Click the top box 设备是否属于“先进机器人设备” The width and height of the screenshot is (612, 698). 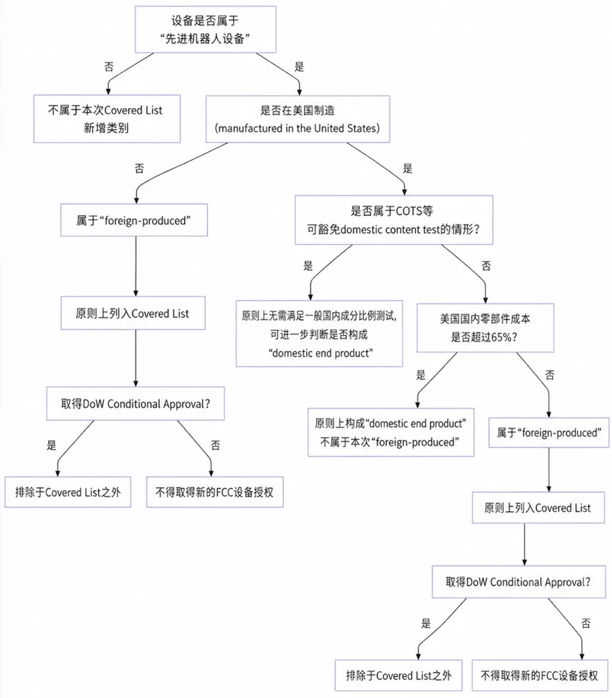(x=205, y=30)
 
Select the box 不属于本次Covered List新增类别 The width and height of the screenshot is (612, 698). (x=107, y=119)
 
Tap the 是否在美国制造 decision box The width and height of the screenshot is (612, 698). (x=298, y=119)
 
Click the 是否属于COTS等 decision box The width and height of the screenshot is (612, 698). (x=394, y=220)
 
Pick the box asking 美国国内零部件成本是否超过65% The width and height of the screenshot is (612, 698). (x=485, y=327)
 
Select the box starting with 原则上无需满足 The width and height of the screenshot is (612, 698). (x=319, y=334)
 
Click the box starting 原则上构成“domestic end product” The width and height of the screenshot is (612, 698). (x=391, y=432)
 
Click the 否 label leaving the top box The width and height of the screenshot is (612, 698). (x=109, y=66)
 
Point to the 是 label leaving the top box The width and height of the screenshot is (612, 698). (x=299, y=66)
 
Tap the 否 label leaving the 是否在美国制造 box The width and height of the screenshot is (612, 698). (x=139, y=168)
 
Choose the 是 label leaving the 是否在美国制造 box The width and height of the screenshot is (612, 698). (x=408, y=168)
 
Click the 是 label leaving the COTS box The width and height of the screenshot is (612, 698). (x=308, y=266)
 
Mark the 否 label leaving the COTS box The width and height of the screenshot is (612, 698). (x=486, y=266)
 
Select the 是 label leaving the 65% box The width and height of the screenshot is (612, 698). (x=421, y=375)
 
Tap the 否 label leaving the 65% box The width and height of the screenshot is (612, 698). (x=550, y=375)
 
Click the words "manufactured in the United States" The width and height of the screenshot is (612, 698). (x=297, y=128)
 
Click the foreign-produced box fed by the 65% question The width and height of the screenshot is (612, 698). (x=549, y=433)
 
